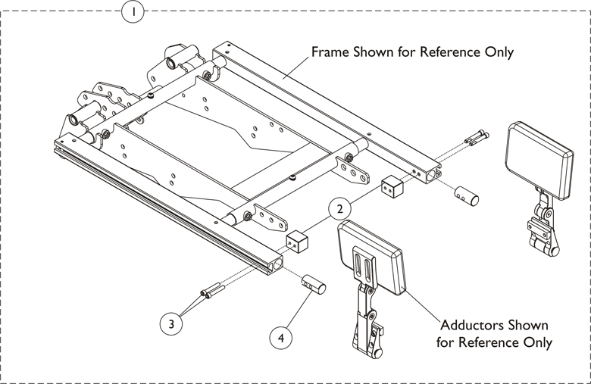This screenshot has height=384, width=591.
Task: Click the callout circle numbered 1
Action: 133,12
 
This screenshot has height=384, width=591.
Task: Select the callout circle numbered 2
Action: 340,208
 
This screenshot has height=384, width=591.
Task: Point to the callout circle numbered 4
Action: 281,338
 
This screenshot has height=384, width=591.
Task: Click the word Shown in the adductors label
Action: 524,325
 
